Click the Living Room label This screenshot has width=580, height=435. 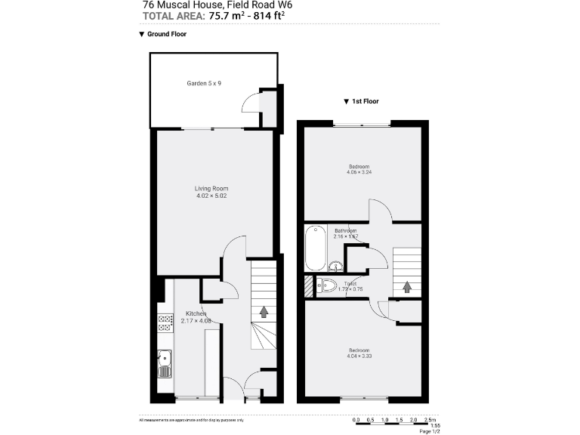click(211, 188)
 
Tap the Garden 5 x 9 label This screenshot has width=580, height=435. click(203, 83)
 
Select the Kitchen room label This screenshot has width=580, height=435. click(196, 313)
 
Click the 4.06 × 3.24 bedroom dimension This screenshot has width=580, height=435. click(359, 172)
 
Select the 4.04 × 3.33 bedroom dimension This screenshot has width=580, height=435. click(359, 356)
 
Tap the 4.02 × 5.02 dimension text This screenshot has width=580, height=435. click(211, 196)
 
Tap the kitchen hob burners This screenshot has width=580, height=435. click(164, 324)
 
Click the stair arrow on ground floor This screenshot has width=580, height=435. click(264, 310)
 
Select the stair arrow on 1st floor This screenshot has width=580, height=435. click(406, 287)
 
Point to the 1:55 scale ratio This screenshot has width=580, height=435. click(435, 425)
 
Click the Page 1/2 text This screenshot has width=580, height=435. click(429, 432)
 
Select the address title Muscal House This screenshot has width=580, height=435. click(193, 4)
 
